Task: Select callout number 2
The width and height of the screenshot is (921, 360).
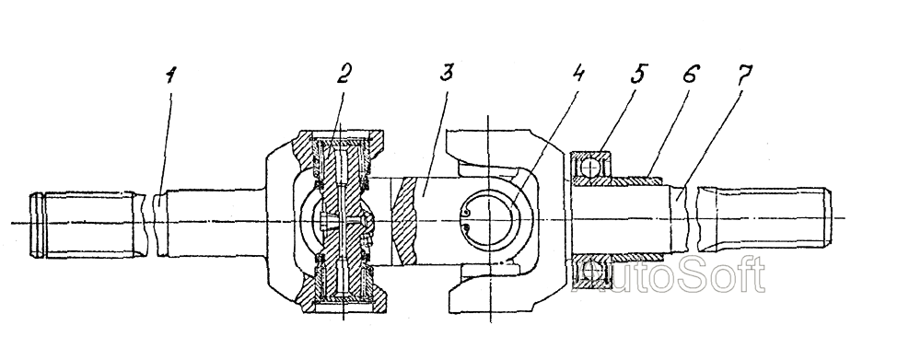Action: (x=344, y=75)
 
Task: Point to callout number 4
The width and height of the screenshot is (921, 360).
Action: (x=578, y=75)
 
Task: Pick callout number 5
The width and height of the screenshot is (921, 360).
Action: (x=638, y=75)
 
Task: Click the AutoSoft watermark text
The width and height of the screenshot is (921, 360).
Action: (x=670, y=275)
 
